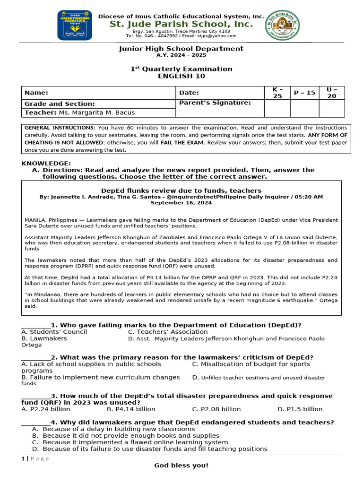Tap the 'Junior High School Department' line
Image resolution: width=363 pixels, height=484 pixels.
[181, 49]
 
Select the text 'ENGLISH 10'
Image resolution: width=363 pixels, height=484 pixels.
[181, 76]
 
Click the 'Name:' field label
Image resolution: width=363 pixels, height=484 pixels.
[36, 93]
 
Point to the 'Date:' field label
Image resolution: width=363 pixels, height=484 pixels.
[190, 93]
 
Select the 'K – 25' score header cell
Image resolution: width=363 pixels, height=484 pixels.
[277, 93]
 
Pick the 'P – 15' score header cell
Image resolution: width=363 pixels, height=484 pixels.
[304, 93]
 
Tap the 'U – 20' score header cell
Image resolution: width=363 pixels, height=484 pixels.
[332, 93]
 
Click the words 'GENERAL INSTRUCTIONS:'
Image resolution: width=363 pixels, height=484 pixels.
[60, 128]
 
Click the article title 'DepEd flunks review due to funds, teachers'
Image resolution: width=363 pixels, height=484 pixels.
[181, 190]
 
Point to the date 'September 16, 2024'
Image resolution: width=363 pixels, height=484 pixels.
[181, 202]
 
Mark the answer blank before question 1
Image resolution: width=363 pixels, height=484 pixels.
[35, 325]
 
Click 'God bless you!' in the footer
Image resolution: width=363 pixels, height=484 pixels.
[181, 466]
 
